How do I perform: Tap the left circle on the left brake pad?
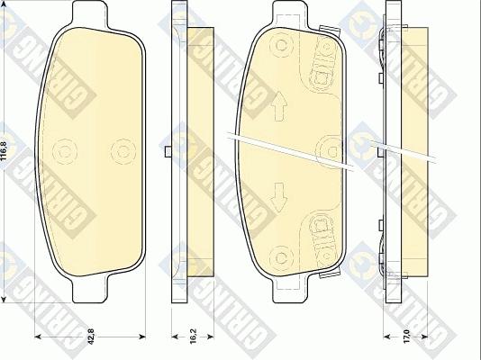(x=64, y=149)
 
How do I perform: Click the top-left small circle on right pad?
(x=281, y=45)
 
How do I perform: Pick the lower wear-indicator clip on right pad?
(x=319, y=229)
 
